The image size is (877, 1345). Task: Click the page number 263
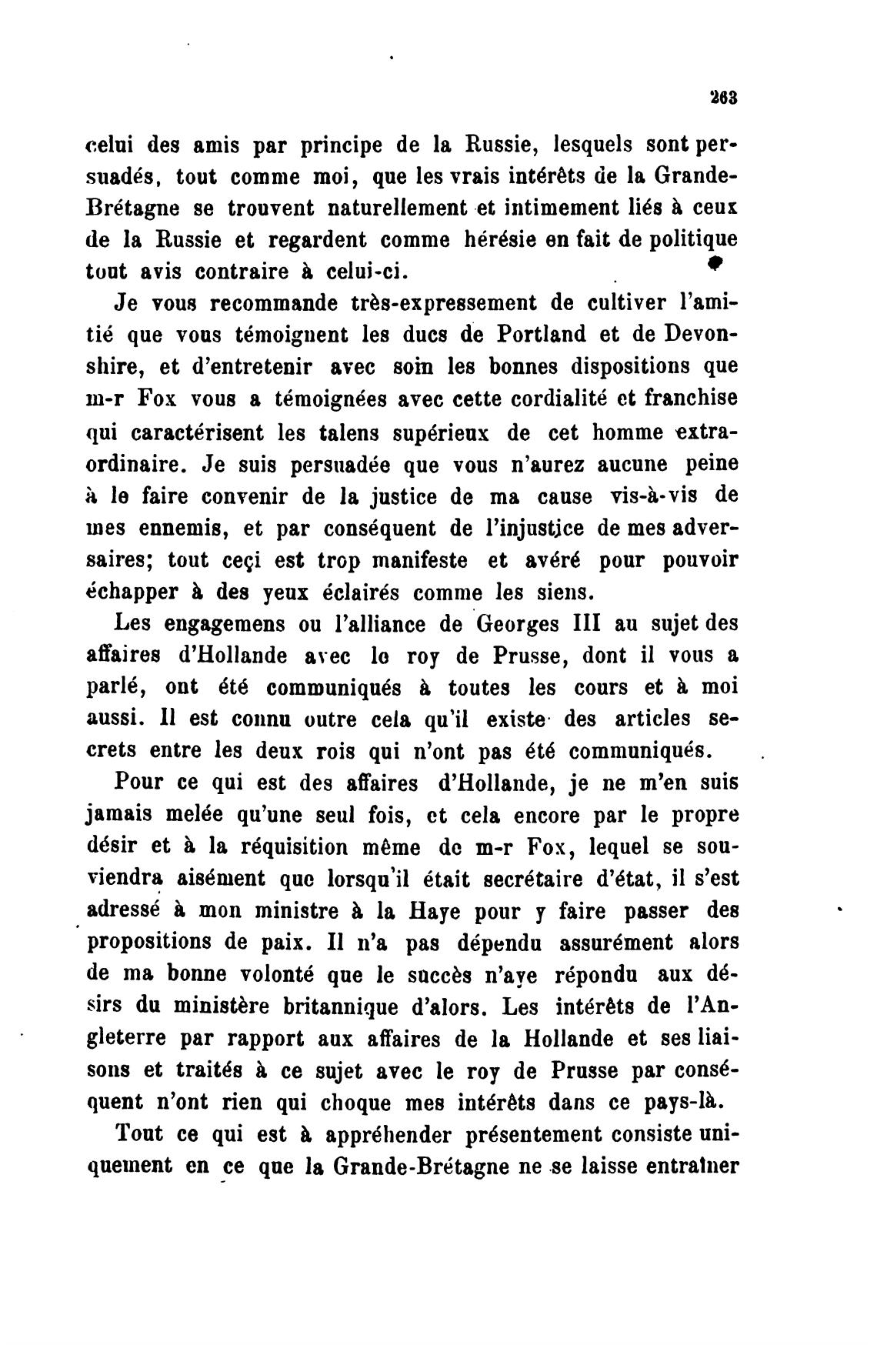click(x=724, y=98)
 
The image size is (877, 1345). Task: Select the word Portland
click(x=542, y=335)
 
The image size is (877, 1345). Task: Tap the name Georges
click(x=515, y=623)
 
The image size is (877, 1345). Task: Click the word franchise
click(x=689, y=399)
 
